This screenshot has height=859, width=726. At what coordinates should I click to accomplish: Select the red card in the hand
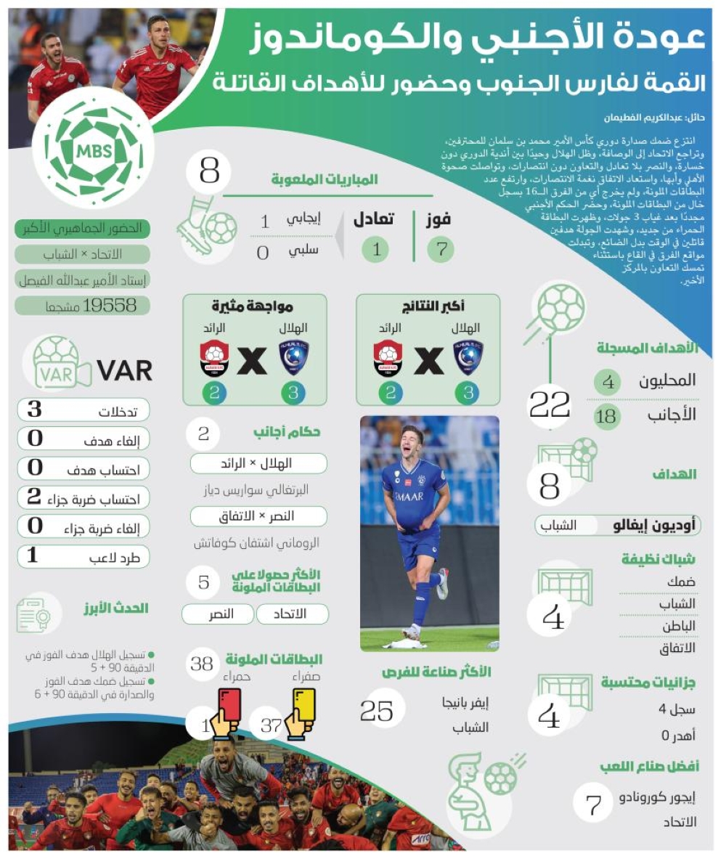click(x=229, y=704)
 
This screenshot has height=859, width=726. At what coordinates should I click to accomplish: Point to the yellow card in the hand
click(x=303, y=704)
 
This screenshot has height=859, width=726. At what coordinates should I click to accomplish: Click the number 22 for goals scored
click(x=550, y=404)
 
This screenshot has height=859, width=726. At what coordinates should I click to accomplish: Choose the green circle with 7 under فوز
click(x=440, y=249)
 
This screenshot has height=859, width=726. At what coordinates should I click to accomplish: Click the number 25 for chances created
click(x=376, y=711)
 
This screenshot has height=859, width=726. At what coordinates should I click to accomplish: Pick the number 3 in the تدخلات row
click(x=35, y=410)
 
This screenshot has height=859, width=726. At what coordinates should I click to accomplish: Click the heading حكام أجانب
click(x=287, y=433)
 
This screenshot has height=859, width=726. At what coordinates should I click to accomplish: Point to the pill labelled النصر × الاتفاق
click(x=258, y=516)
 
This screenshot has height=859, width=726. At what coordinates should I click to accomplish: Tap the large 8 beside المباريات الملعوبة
click(x=209, y=172)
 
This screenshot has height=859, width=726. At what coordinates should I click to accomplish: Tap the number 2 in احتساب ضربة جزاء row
click(x=34, y=497)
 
